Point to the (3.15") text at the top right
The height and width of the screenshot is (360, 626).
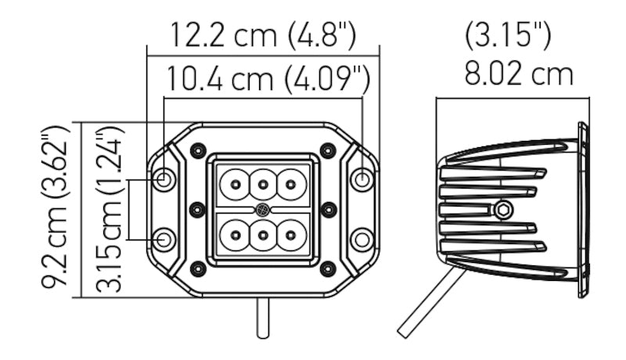click(x=508, y=34)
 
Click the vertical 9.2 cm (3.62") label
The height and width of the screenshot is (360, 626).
click(x=56, y=210)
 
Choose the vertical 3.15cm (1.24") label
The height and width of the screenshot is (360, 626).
click(x=110, y=210)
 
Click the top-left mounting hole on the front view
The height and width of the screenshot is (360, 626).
click(x=164, y=179)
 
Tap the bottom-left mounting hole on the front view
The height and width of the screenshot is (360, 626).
click(x=164, y=239)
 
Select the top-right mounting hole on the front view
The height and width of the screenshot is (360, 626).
click(x=362, y=179)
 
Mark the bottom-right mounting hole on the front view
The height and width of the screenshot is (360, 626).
click(x=362, y=239)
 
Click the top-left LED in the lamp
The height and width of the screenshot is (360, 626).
click(x=234, y=185)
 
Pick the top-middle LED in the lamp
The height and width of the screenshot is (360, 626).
click(x=263, y=185)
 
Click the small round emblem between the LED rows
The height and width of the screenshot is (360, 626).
click(x=263, y=210)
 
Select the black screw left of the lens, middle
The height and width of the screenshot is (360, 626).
click(x=197, y=209)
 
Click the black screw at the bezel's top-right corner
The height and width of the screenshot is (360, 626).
click(x=328, y=149)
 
